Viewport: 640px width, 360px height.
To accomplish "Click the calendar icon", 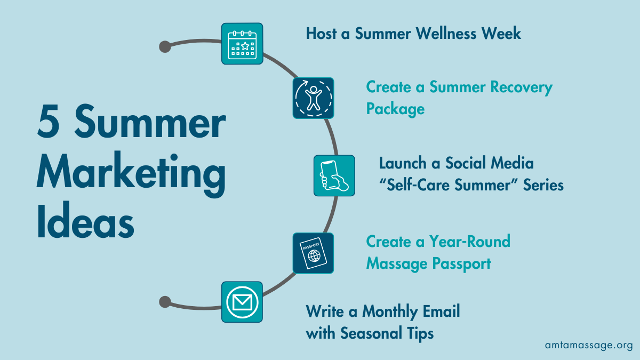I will [242, 44].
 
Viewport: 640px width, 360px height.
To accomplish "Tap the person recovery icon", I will [313, 98].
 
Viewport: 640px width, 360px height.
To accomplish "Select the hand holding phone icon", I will [334, 175].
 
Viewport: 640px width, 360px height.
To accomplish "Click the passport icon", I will [313, 253].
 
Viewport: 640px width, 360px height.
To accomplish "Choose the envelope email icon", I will [242, 302].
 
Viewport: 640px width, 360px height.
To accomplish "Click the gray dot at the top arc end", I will [165, 46].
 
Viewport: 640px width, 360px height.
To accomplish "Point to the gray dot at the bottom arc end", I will [165, 302].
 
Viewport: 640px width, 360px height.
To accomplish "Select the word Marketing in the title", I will [131, 174].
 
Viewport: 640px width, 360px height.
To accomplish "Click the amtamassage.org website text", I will [589, 345].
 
